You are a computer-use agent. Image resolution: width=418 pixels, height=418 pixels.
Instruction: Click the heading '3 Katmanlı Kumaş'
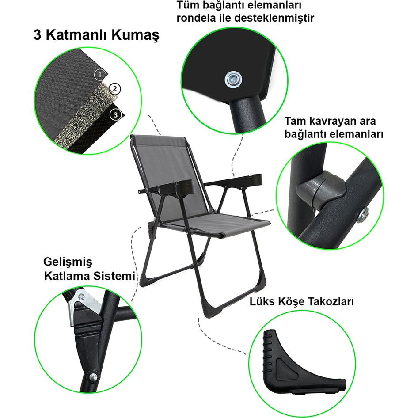[x=96, y=35]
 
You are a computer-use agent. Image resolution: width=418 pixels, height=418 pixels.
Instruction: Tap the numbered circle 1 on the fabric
[x=100, y=75]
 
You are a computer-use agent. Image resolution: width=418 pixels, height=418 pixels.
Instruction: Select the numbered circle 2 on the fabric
[x=115, y=89]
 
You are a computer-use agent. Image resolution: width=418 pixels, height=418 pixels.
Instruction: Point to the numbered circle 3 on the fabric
[x=115, y=115]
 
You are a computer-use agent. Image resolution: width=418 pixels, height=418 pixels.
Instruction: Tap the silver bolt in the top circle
[x=233, y=79]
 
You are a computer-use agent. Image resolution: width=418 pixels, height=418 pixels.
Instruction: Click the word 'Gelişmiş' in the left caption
[x=68, y=262]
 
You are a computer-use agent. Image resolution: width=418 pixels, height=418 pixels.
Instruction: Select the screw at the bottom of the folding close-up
[x=93, y=376]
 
